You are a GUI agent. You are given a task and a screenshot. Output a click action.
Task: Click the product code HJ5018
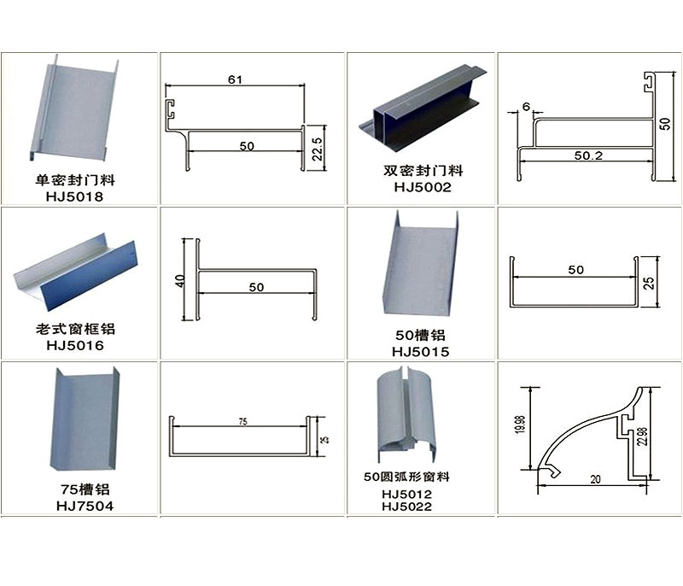pos(74,196)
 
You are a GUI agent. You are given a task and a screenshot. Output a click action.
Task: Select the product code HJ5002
pos(423,187)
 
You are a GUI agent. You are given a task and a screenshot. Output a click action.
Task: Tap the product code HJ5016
pos(75,345)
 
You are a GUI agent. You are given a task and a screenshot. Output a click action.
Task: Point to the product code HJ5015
pos(420,352)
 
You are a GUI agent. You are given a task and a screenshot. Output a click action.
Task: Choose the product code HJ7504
pos(85,506)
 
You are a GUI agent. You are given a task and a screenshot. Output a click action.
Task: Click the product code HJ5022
pos(407,507)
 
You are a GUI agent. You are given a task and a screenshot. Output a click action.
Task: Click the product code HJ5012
pos(407,494)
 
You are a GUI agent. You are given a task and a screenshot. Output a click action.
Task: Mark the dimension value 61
pos(235,79)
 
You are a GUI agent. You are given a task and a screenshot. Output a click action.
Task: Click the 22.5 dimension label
pos(318,149)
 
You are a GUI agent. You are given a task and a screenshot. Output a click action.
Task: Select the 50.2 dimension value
pos(588,155)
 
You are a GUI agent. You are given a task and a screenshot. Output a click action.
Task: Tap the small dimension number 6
pos(526,106)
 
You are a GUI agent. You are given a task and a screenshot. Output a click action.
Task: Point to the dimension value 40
pos(180,281)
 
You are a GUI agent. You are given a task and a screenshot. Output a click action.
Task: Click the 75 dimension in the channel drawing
pos(243,421)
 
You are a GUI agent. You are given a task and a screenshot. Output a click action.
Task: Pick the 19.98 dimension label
pos(520,425)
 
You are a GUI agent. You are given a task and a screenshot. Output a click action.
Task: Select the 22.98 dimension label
pos(642,437)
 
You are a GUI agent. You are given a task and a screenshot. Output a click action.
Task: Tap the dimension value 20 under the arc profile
pos(595,479)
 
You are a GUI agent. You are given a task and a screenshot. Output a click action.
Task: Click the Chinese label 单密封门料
pos(75,180)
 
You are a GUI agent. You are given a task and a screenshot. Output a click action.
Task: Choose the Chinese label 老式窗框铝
pos(75,329)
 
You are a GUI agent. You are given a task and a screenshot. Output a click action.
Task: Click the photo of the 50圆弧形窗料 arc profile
pos(406,415)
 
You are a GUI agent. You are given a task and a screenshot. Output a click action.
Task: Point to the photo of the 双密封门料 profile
pos(423,109)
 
